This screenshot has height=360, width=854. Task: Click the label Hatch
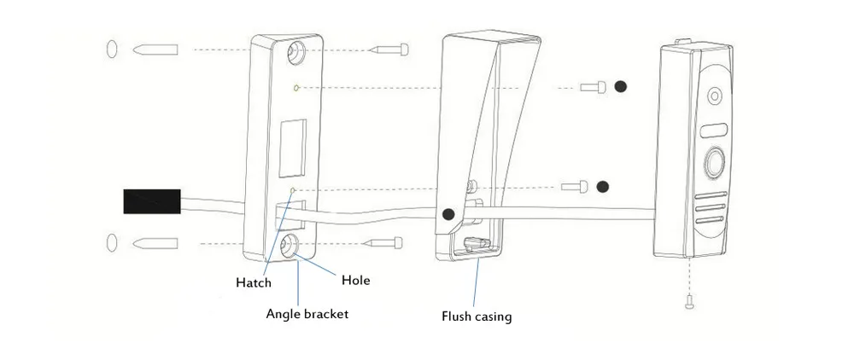(x=254, y=282)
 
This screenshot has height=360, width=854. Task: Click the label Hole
(x=355, y=281)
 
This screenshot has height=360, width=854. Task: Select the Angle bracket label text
(x=307, y=314)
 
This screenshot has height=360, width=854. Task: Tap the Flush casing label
(x=477, y=316)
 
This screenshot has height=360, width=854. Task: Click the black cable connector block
(x=152, y=201)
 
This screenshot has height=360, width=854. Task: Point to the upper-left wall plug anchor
(x=155, y=49)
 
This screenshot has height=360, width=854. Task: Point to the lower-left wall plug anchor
(x=155, y=243)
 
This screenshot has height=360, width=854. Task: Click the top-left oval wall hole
(x=112, y=49)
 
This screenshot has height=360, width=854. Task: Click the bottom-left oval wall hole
(x=112, y=242)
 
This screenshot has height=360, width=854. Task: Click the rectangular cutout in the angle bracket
(x=292, y=148)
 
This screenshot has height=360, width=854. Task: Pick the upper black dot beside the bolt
(x=620, y=86)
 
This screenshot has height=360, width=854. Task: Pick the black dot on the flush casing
(x=448, y=214)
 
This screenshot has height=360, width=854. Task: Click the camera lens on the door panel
(x=713, y=96)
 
